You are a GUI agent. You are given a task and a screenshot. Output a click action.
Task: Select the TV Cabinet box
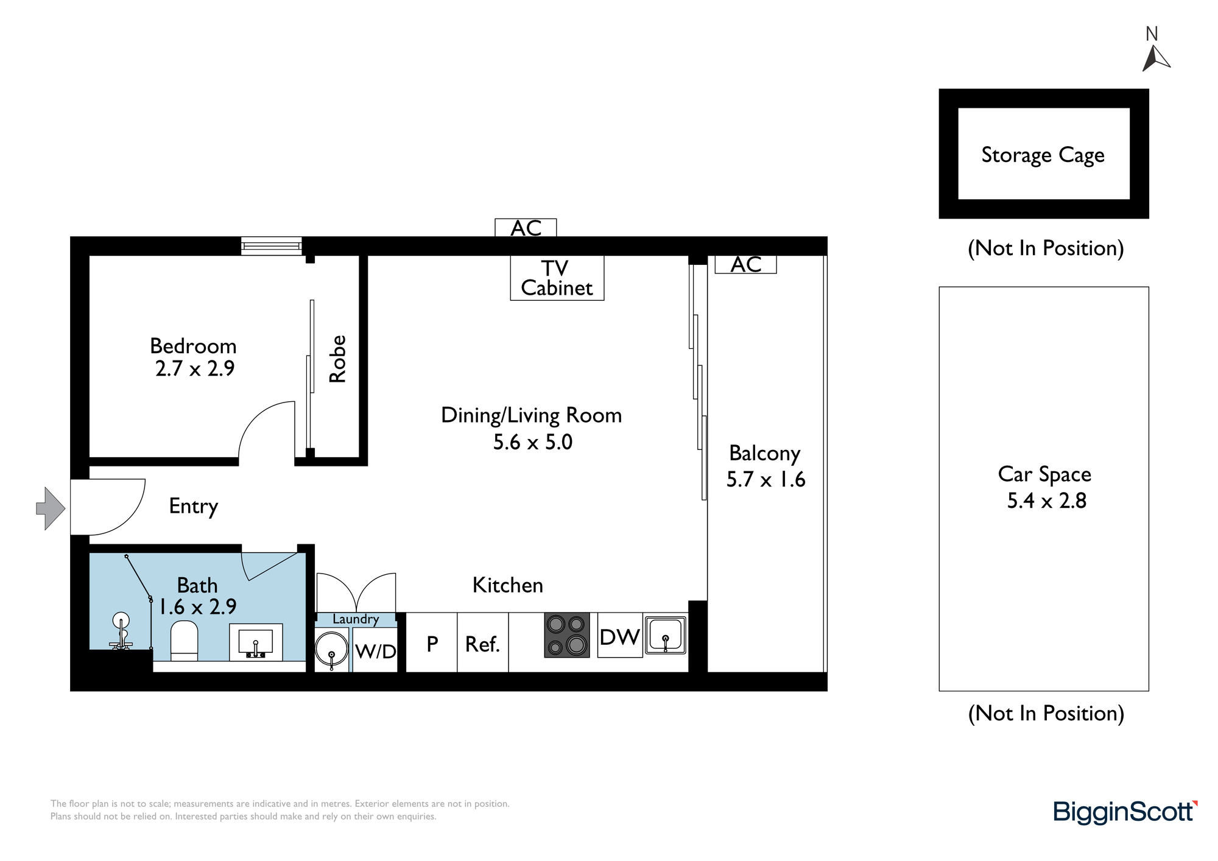coord(557,278)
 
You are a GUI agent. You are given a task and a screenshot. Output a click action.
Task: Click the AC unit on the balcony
coord(745,264)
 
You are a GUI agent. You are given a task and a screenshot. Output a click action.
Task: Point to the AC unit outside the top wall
coord(526,228)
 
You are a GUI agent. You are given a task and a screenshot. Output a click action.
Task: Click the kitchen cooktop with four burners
coord(567,635)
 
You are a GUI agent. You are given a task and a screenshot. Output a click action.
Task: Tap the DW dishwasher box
coord(620,635)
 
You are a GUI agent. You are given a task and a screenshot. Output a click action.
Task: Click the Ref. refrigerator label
coord(482,644)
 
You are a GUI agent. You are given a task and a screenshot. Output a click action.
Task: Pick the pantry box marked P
coord(431,642)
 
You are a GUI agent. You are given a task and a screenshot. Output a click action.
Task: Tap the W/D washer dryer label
coord(375,652)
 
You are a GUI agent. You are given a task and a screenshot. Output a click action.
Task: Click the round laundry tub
coord(331,649)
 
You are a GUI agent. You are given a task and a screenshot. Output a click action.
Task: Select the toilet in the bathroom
coord(184,641)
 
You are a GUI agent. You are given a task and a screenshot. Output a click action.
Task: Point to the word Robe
coord(337,359)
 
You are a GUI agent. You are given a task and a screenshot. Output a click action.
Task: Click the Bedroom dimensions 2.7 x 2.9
coord(195,368)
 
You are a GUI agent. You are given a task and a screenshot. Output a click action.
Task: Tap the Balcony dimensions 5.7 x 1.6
coord(766,479)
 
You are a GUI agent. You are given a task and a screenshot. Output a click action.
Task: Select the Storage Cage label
coord(1043,155)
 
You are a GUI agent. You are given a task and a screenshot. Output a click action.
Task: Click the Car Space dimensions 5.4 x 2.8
coord(1046,501)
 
